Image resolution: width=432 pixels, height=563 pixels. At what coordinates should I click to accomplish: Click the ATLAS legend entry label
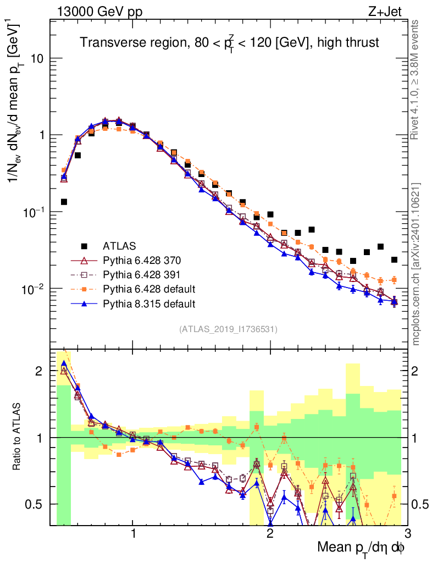(x=119, y=245)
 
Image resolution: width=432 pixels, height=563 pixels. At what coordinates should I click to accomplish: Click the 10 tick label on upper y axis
(x=37, y=59)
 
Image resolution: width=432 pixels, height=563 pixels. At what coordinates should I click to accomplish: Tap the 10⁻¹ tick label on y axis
(x=34, y=212)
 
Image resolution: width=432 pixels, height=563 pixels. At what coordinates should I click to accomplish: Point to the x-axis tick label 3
(x=407, y=535)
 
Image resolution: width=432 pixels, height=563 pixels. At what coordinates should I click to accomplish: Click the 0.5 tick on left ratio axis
(x=37, y=504)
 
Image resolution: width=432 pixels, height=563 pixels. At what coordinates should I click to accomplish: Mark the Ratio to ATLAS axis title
(x=16, y=437)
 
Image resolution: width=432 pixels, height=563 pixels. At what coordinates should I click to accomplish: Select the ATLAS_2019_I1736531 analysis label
(x=228, y=329)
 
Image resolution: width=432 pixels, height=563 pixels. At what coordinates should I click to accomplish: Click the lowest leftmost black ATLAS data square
(x=64, y=202)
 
